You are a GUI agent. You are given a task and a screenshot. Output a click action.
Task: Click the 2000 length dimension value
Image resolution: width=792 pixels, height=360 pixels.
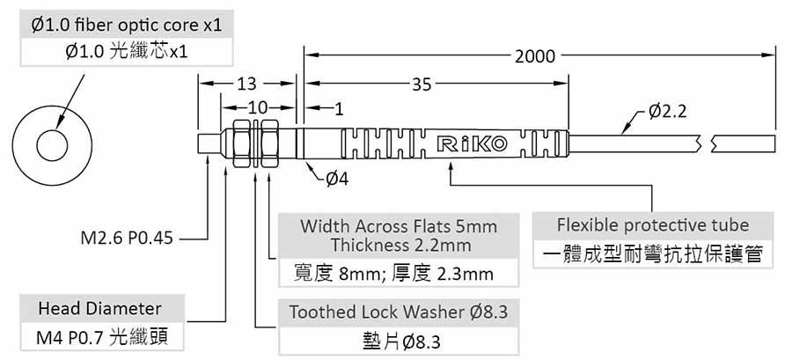coord(535,56)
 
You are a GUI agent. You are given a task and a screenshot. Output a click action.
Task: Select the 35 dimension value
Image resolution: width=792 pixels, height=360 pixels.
coord(422,84)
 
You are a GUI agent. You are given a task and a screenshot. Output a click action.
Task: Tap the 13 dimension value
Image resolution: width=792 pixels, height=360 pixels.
coord(246,84)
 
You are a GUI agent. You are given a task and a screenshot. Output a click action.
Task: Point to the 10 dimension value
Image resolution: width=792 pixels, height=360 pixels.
coord(256,107)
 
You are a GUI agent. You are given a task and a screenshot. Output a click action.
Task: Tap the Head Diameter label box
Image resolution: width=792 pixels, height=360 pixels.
coord(99,309)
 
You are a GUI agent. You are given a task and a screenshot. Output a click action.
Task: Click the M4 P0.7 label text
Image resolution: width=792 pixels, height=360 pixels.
coord(99,336)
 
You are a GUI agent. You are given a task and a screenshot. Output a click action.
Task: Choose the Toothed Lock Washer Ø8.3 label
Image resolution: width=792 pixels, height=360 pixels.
coord(399,312)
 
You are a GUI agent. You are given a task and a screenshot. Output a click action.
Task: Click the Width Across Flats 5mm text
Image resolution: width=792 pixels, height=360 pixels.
coord(399,225)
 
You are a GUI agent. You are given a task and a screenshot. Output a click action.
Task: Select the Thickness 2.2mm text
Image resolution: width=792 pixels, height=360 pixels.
coord(399,245)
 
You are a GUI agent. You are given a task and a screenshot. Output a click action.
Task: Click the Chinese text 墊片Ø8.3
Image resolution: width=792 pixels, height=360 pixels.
coord(399,340)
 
